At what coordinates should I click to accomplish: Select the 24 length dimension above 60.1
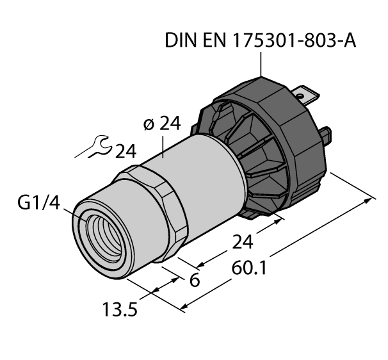(x=243, y=242)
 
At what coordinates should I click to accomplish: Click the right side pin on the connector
(x=326, y=136)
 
